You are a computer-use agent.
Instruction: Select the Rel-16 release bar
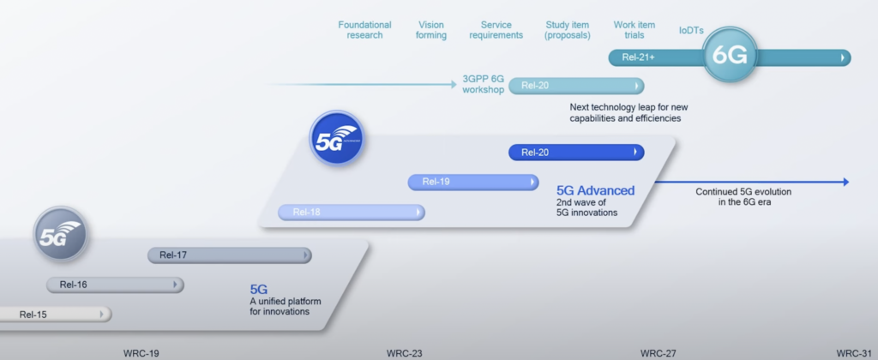coord(115,285)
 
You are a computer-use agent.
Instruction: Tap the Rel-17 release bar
coord(229,255)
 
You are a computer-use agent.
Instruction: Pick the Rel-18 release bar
coord(351,213)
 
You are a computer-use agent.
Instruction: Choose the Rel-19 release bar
coord(473,182)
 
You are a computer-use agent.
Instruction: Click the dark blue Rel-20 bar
coord(575,153)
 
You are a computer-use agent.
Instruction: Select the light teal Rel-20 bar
coord(575,86)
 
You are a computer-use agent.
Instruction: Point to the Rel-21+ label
coord(639,57)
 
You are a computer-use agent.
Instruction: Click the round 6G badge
coord(731,57)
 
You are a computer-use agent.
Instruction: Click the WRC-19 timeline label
coord(141,352)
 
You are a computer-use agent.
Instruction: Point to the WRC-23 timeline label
coord(404,352)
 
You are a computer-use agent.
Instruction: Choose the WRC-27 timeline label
coord(658,352)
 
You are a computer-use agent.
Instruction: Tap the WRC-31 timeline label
coord(854,352)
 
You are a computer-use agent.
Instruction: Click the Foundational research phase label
coord(364,30)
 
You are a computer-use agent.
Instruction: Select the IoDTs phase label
coord(691,31)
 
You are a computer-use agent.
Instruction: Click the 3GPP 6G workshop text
coord(484,85)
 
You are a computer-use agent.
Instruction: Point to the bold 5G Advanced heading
coord(596,190)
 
